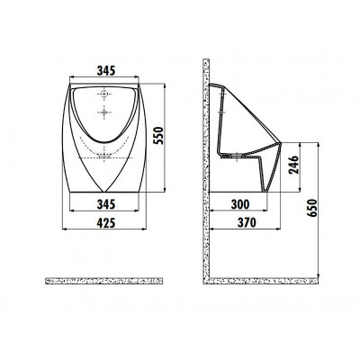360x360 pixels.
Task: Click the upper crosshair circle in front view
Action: coord(106,94)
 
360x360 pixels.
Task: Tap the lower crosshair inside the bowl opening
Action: coord(106,112)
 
